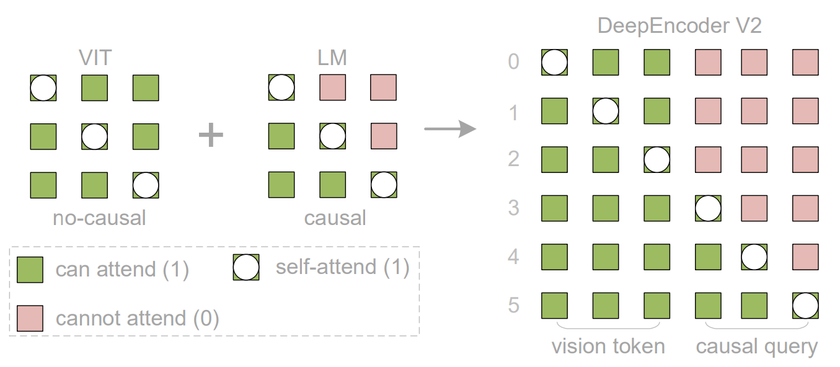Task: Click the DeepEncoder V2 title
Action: [x=679, y=25]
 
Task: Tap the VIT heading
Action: [x=95, y=58]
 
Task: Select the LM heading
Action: [x=332, y=58]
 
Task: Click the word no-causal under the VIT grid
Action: [x=99, y=218]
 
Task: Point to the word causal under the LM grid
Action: [x=335, y=218]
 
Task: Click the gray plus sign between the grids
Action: [x=211, y=135]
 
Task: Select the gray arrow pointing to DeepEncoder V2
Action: [x=450, y=129]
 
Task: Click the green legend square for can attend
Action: [x=30, y=270]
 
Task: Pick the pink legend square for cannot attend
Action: [x=30, y=318]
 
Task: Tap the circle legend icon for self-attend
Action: [x=246, y=267]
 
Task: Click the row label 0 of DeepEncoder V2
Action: [x=514, y=61]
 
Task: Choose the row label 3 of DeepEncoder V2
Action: [x=514, y=208]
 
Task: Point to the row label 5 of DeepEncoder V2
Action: [x=514, y=305]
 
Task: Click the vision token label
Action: [x=608, y=347]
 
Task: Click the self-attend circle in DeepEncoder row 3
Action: [x=708, y=208]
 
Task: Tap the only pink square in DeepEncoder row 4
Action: [x=805, y=257]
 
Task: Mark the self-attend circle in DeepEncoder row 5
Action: [x=805, y=306]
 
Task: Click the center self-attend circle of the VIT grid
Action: [x=94, y=136]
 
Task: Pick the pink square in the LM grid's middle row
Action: [x=384, y=136]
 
